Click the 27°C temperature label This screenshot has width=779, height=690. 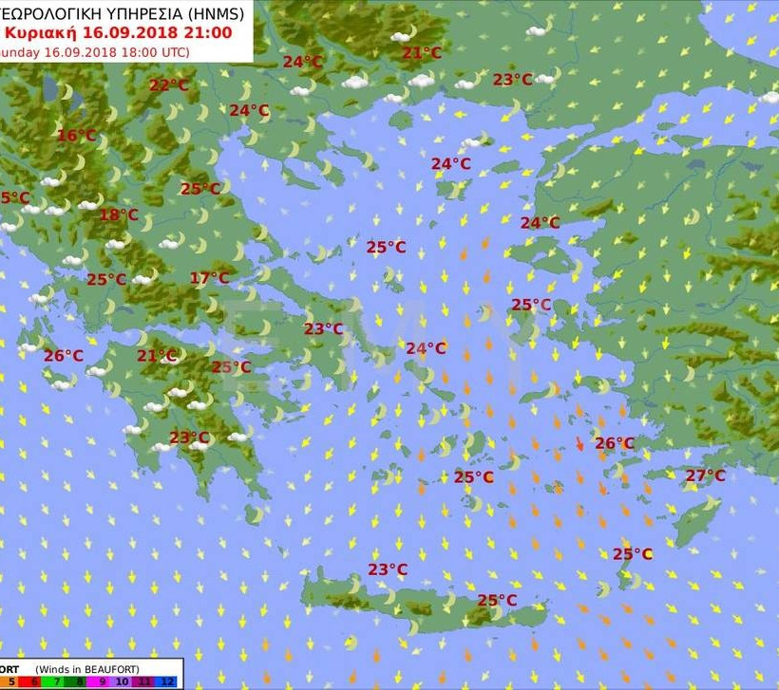pyautogui.click(x=705, y=476)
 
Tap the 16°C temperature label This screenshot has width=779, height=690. pyautogui.click(x=77, y=136)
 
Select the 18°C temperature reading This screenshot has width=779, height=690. pyautogui.click(x=119, y=214)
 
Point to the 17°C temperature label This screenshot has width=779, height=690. pyautogui.click(x=209, y=278)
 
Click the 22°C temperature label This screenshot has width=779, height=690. pyautogui.click(x=169, y=85)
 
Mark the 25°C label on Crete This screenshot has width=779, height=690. pyautogui.click(x=497, y=600)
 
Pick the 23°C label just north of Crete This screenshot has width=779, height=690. pyautogui.click(x=388, y=569)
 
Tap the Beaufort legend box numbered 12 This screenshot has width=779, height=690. pyautogui.click(x=166, y=681)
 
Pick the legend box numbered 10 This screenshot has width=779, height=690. pyautogui.click(x=123, y=681)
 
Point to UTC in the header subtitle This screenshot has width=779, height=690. pyautogui.click(x=172, y=51)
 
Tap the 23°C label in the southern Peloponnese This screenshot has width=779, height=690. pyautogui.click(x=189, y=438)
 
